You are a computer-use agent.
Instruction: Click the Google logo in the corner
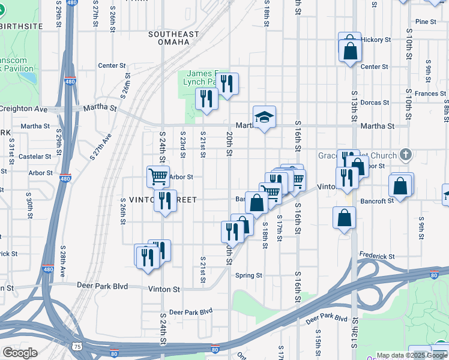pyautogui.click(x=20, y=353)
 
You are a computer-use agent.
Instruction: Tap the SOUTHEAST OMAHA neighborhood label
pyautogui.click(x=173, y=39)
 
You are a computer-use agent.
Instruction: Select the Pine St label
pyautogui.click(x=425, y=22)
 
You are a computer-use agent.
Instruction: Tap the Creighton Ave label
pyautogui.click(x=24, y=109)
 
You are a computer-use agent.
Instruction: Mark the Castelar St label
pyautogui.click(x=35, y=157)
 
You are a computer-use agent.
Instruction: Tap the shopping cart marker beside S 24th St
pyautogui.click(x=158, y=176)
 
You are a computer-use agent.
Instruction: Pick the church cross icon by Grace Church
pyautogui.click(x=406, y=155)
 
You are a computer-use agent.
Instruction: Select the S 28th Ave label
pyautogui.click(x=63, y=260)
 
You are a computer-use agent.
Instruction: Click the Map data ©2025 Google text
pyautogui.click(x=411, y=355)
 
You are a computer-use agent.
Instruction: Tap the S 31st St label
pyautogui.click(x=11, y=150)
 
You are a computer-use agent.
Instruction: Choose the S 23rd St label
pyautogui.click(x=182, y=145)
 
